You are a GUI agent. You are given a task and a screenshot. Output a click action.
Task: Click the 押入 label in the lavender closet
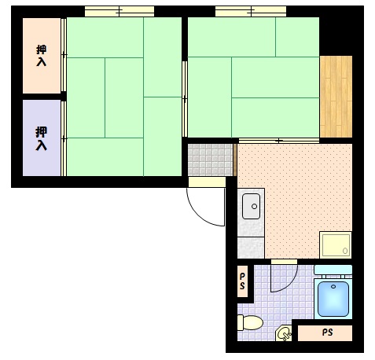click(41, 138)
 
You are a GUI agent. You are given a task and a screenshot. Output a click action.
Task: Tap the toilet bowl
click(251, 322)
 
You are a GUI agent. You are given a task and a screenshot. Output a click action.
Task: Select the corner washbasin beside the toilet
click(283, 334)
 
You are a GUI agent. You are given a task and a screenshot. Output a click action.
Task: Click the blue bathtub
click(333, 299)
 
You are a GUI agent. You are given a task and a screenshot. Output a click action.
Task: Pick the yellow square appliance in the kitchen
click(334, 244)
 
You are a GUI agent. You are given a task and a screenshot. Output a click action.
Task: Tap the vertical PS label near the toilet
click(243, 281)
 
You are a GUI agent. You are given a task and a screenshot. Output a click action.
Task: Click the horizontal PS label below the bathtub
click(327, 332)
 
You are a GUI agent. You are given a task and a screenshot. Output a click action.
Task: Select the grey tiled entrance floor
click(210, 159)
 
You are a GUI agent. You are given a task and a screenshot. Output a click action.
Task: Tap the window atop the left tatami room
click(119, 12)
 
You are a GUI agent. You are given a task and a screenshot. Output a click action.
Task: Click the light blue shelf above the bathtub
click(333, 270)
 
